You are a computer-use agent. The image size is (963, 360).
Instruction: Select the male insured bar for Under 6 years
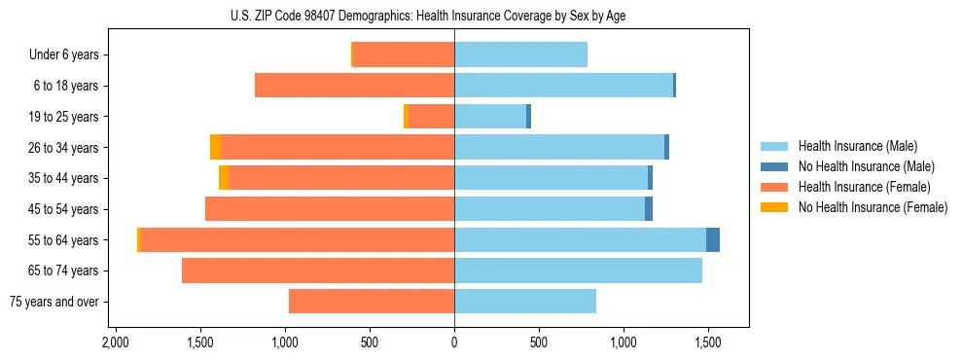click(520, 54)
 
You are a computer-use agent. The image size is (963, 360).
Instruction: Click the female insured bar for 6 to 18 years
click(354, 86)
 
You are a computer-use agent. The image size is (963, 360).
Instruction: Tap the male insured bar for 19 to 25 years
click(490, 117)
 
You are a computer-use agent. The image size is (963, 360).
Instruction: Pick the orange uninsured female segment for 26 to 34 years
click(215, 147)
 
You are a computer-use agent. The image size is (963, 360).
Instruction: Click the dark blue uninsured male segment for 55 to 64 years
click(713, 239)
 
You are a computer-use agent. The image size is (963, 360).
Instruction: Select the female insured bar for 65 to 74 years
click(318, 270)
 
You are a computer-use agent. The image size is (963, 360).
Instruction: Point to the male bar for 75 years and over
click(525, 302)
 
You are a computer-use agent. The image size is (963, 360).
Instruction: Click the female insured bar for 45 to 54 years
click(330, 209)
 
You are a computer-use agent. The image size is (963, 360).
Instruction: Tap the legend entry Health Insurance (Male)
click(857, 146)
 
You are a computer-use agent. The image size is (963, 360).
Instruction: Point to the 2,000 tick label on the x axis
click(116, 342)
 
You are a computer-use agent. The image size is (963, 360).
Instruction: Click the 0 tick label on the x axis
click(454, 342)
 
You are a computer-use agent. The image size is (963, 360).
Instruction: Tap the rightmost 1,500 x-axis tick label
click(707, 342)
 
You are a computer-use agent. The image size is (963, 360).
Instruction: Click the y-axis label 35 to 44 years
click(63, 178)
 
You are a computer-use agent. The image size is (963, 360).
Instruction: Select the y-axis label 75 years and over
click(53, 302)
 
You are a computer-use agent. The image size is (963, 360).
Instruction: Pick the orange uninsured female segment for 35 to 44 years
click(224, 178)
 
